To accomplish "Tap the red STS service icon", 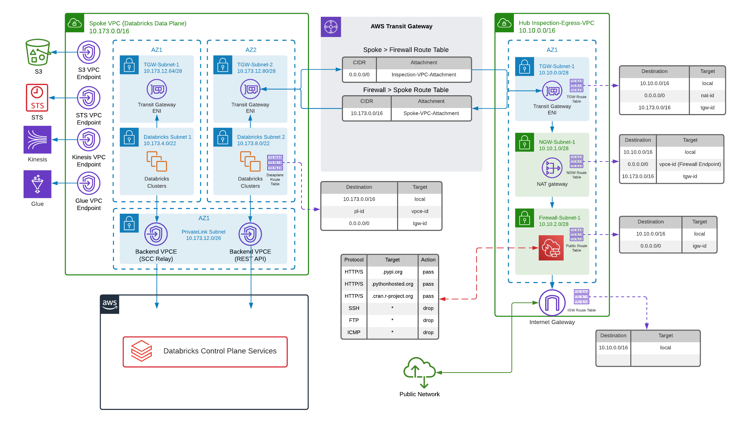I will [37, 98].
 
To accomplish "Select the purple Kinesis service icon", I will [37, 140].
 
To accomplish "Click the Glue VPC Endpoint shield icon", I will [89, 183].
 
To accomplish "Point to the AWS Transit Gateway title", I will [401, 26].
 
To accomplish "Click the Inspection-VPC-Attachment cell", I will [424, 75].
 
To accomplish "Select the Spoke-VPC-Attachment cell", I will [431, 113].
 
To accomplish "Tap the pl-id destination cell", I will [359, 211].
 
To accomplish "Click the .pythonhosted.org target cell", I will [392, 284].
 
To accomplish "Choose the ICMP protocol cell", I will [354, 332].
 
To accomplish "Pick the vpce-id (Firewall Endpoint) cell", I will [690, 164].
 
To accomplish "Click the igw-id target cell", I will [699, 246].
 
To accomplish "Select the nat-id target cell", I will [707, 96].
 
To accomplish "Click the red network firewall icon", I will [551, 248].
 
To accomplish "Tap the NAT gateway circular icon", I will [552, 168].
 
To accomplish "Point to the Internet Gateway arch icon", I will [552, 302].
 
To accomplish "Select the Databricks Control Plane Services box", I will [205, 352].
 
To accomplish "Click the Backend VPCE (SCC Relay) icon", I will [156, 234].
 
